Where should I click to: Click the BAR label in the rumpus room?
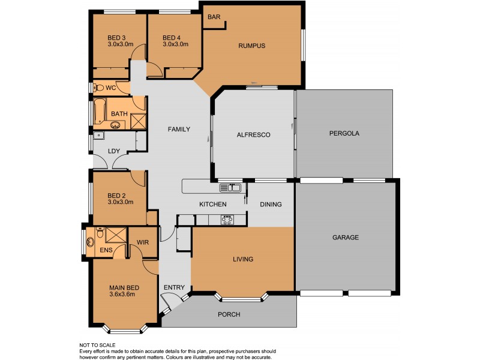click(214, 17)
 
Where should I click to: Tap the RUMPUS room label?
click(251, 46)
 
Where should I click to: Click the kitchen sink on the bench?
click(230, 188)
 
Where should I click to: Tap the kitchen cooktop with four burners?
click(228, 219)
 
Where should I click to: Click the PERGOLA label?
click(344, 134)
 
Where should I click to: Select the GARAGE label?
click(346, 238)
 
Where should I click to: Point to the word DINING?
click(271, 205)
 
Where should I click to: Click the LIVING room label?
click(243, 259)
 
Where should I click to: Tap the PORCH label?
click(229, 314)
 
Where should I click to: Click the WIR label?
click(143, 242)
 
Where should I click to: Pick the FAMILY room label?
click(179, 129)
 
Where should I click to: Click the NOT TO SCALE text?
click(98, 345)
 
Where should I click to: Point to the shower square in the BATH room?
click(138, 121)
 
